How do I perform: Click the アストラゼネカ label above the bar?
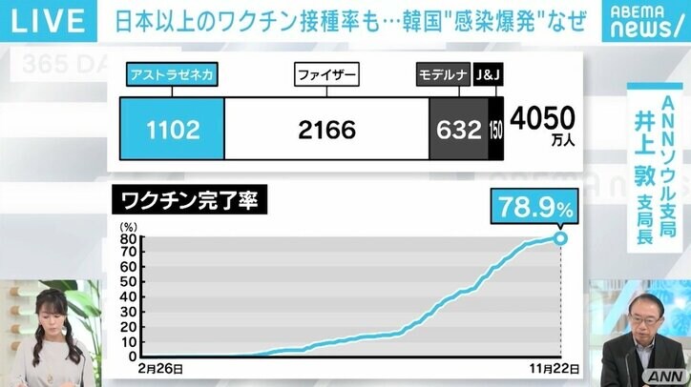tap(172, 74)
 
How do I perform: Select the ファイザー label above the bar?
tap(326, 74)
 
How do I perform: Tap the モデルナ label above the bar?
tap(441, 74)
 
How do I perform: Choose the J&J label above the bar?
tap(487, 74)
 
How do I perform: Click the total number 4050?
tap(542, 118)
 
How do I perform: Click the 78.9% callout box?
tap(533, 205)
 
